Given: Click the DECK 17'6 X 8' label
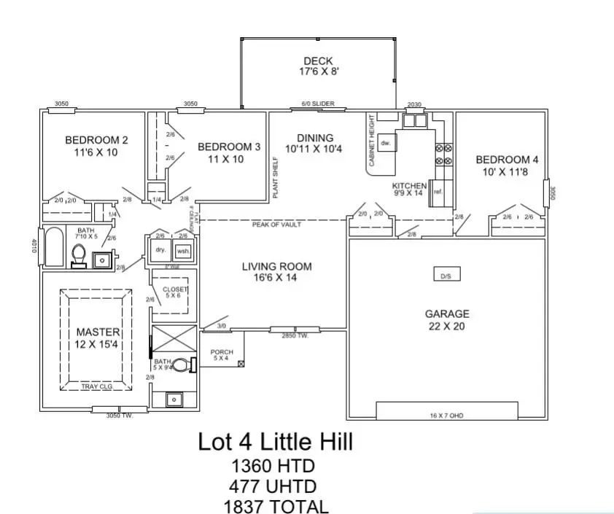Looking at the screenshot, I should pos(317,66).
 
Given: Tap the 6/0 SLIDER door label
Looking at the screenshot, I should pos(317,104).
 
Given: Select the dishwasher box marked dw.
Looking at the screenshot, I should pos(386,144).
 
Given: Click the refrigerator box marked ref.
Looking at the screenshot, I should pos(438,192).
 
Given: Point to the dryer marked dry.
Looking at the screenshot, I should pos(160,249).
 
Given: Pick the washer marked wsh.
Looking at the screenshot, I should pos(182,249).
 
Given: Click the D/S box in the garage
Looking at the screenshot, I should pos(446,276).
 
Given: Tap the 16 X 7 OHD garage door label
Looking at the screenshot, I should pos(446,416).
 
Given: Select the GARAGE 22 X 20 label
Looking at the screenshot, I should pos(447,320).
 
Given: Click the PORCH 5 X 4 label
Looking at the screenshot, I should pos(222,355).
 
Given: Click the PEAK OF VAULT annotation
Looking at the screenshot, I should pos(277,225).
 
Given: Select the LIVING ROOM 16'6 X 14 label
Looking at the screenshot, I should pos(277,272).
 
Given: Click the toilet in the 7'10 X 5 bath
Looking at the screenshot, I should pos(80,256).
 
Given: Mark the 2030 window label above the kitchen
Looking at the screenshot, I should pos(415,105).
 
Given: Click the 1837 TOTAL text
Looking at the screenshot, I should pos(276,506).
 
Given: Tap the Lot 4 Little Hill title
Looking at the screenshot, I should pos(276,442).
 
